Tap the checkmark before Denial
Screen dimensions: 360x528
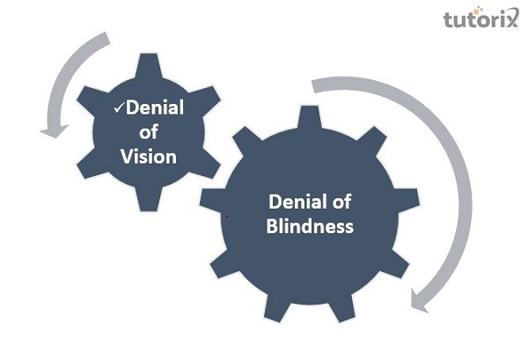[120, 107]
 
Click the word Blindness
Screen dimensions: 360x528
[310, 226]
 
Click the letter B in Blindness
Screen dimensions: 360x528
[272, 226]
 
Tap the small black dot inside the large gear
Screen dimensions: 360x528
[228, 215]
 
